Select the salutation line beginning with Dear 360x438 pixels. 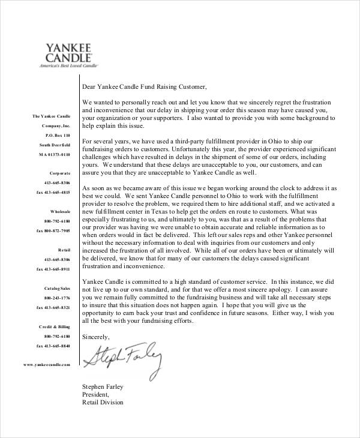click(x=144, y=86)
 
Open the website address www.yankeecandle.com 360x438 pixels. click(x=47, y=364)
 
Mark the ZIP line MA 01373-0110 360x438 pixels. click(x=55, y=154)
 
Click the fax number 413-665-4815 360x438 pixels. click(x=53, y=192)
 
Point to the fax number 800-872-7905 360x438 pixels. click(x=53, y=230)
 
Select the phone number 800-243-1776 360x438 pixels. click(x=57, y=298)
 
